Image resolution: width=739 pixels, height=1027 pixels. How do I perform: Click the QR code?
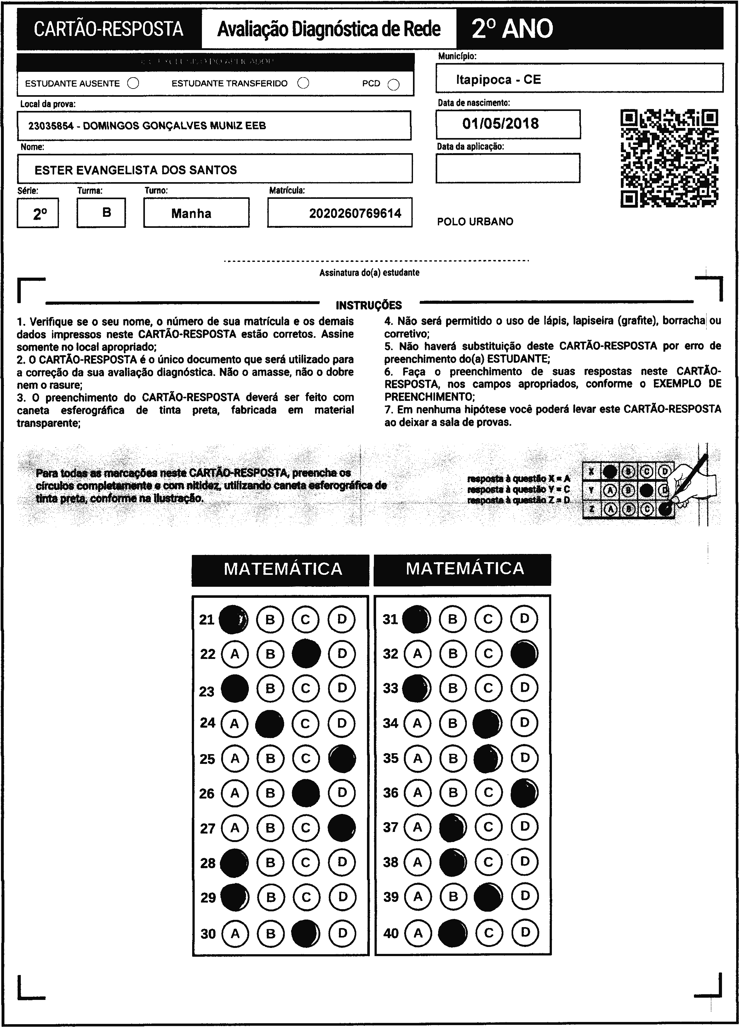click(x=669, y=158)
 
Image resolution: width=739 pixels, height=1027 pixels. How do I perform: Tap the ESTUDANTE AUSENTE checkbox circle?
click(x=133, y=83)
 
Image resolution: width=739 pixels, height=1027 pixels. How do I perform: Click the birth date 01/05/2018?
click(x=501, y=124)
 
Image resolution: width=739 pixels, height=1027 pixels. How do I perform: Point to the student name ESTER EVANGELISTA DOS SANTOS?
click(x=136, y=170)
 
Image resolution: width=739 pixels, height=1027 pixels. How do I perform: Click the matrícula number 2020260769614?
click(x=355, y=213)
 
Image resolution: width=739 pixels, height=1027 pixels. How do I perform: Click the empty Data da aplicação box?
click(x=508, y=168)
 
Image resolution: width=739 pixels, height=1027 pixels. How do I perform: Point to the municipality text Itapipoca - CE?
click(x=498, y=80)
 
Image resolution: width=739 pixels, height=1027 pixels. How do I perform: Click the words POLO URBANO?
click(x=475, y=222)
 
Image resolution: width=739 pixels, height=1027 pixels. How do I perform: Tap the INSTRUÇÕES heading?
click(x=369, y=305)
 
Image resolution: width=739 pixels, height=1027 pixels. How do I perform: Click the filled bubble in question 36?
click(x=524, y=793)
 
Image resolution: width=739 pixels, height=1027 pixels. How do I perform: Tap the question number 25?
click(x=208, y=759)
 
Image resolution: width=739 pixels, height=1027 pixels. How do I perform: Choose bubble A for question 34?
click(x=417, y=723)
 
